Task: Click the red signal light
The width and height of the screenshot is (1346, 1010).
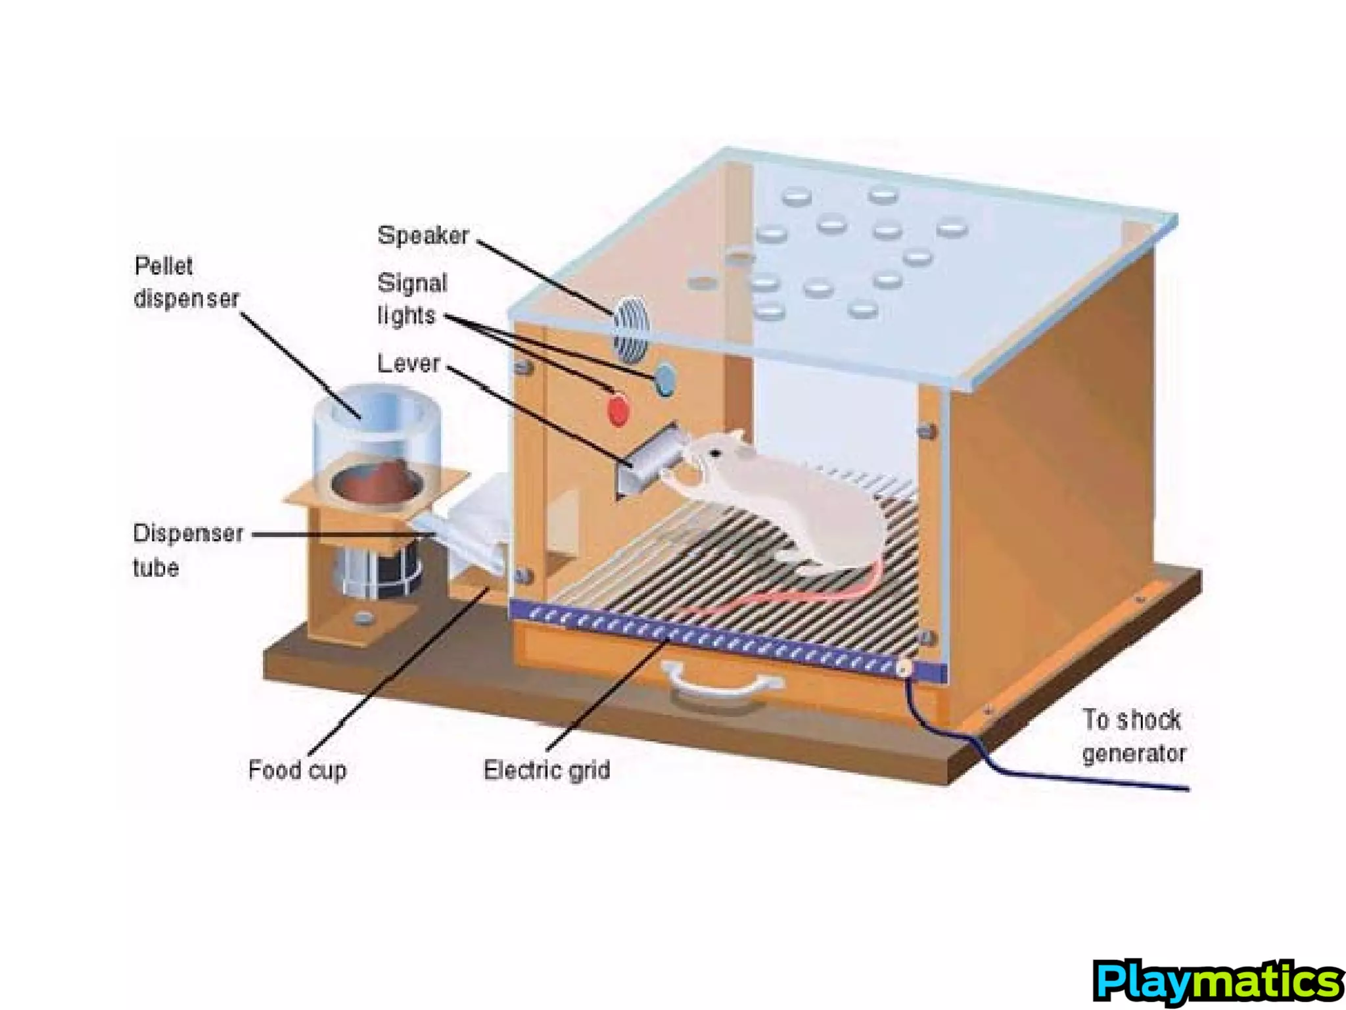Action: tap(618, 411)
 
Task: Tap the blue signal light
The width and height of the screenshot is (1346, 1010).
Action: tap(665, 379)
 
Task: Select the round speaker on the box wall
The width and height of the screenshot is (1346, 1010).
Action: tap(631, 329)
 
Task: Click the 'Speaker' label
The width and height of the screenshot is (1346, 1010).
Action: tap(423, 235)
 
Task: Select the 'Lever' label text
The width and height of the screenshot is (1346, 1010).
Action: tap(408, 364)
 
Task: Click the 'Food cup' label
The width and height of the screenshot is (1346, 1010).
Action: tap(297, 769)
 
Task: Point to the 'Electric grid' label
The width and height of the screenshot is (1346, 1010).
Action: tap(547, 769)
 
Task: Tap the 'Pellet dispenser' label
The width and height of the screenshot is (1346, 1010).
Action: tap(185, 283)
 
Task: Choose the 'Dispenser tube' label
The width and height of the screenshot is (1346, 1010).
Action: tap(187, 550)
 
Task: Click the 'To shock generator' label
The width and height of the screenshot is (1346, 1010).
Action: tap(1133, 736)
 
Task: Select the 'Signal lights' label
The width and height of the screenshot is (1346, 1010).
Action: tap(411, 299)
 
